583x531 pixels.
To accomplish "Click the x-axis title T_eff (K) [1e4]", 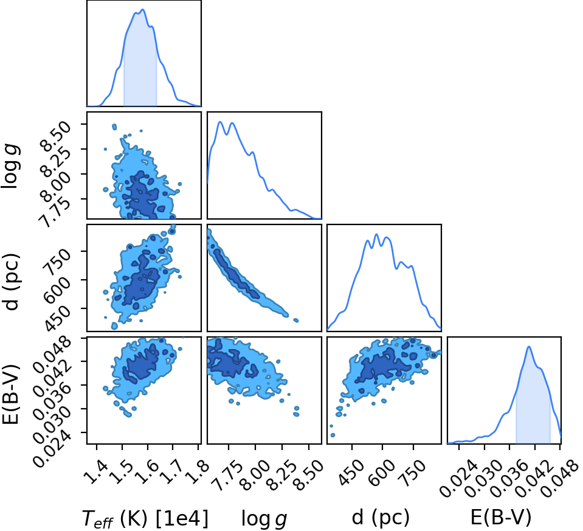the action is [145, 518].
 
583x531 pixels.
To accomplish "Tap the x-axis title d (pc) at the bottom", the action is [381, 518].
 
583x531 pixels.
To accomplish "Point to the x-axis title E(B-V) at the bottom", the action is [501, 517].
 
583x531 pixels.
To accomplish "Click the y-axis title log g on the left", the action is [11, 166].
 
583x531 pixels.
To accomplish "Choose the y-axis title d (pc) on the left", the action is [11, 282].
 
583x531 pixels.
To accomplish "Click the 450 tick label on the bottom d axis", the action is [350, 473].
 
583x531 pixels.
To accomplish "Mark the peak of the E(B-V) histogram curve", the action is [528, 347].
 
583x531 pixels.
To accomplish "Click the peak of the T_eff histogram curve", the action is [143, 10].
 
